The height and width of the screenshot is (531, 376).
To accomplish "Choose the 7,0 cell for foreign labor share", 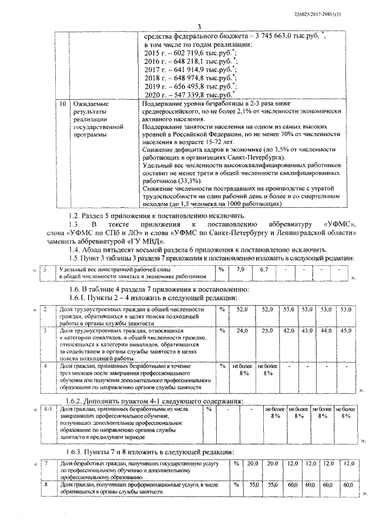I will pyautogui.click(x=240, y=269).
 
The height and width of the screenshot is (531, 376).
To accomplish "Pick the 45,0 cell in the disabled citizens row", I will pyautogui.click(x=346, y=331).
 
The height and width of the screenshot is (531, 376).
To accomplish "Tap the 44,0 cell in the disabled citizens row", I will pyautogui.click(x=326, y=331).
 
